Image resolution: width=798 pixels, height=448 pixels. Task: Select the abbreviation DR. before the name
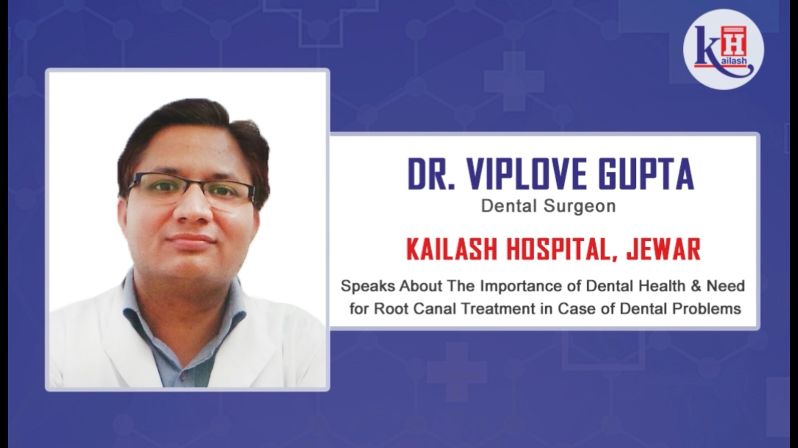[431, 174]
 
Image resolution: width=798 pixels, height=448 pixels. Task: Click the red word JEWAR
[664, 250]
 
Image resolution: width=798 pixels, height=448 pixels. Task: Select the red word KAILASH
[452, 250]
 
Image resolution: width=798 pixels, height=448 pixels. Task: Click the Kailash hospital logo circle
[723, 49]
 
